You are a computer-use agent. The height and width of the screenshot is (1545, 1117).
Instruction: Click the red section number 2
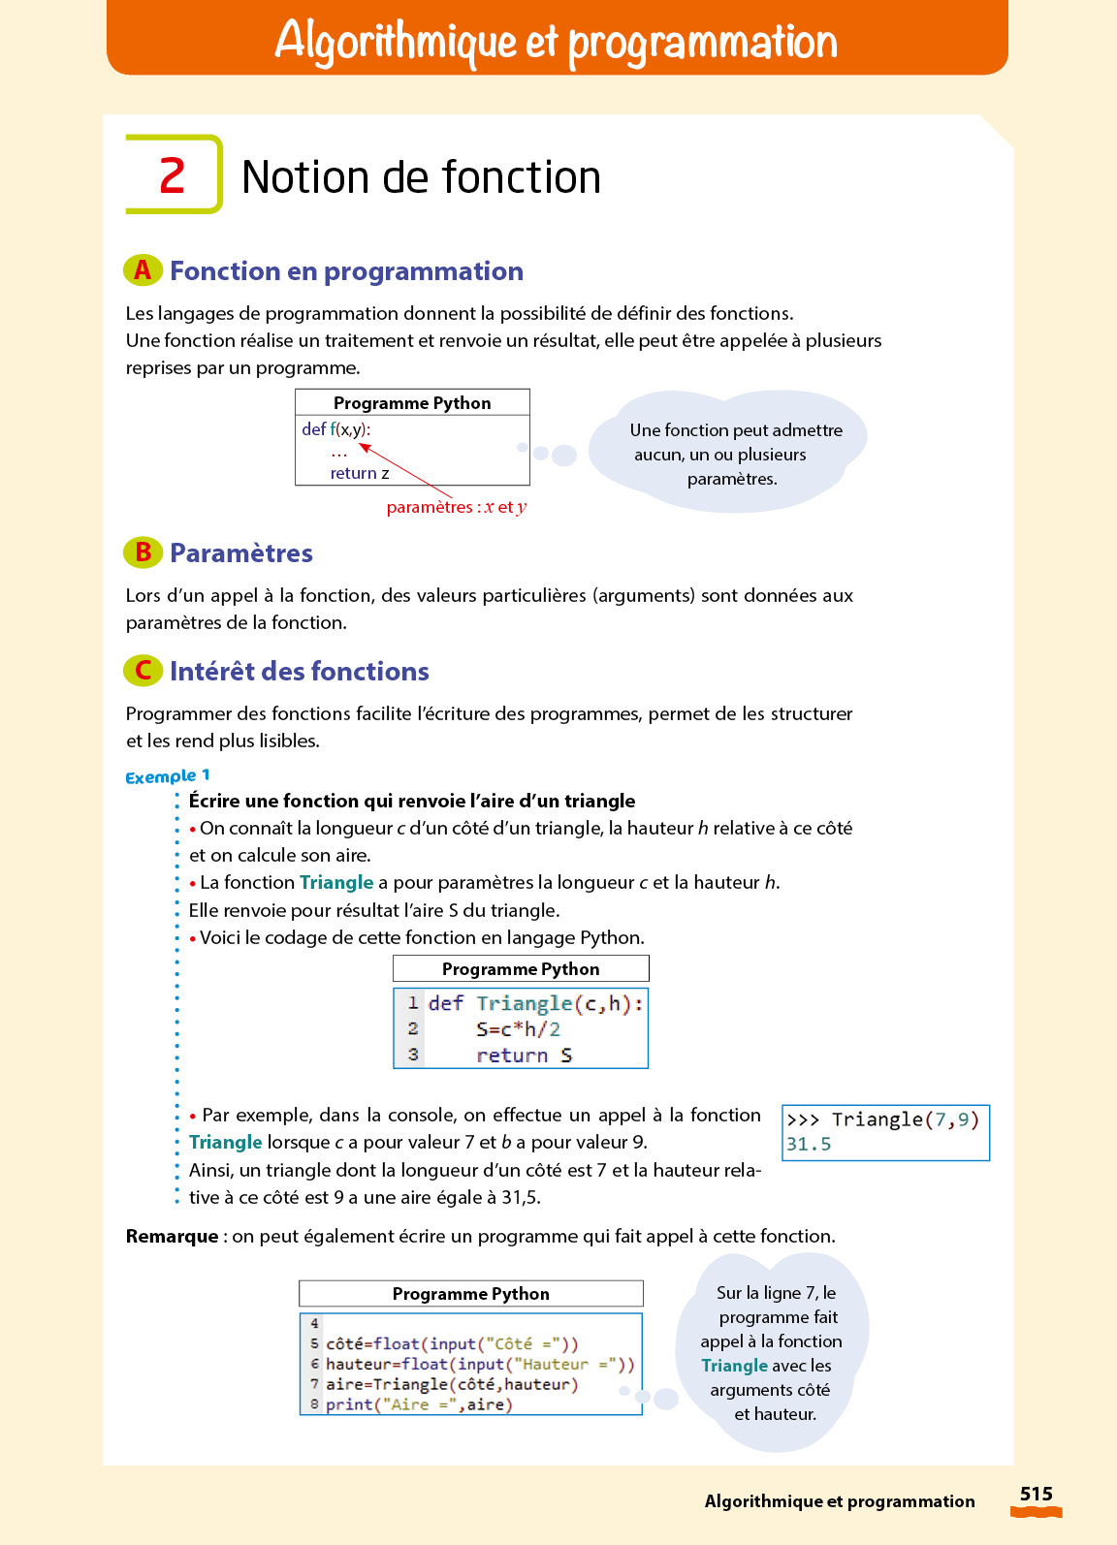172,175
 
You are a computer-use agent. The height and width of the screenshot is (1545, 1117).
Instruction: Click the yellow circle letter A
143,270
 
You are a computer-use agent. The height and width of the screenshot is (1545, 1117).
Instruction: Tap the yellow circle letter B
143,552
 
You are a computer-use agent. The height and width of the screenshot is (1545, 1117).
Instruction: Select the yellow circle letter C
143,671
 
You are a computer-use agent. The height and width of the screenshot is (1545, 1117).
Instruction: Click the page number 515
1036,1494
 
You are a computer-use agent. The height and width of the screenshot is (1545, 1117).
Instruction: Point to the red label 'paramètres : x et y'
456,507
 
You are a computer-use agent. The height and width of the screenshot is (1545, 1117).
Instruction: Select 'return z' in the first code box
360,473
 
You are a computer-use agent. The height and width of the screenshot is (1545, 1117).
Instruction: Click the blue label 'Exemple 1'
167,776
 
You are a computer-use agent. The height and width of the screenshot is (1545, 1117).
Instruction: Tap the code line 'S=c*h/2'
518,1029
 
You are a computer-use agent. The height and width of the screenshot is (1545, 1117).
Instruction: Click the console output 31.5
809,1144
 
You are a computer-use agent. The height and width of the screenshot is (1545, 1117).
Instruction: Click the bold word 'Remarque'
172,1236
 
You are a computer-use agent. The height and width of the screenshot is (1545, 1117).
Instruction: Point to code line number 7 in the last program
314,1384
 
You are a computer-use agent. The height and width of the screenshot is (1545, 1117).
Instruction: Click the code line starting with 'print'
419,1404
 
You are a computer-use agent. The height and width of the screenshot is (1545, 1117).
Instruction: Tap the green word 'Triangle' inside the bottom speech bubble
734,1366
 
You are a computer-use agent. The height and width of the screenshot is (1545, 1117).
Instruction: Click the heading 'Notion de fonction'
421,177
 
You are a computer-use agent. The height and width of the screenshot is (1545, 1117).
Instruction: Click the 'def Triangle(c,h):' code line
535,1003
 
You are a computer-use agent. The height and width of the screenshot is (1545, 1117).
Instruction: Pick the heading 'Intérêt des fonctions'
299,671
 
